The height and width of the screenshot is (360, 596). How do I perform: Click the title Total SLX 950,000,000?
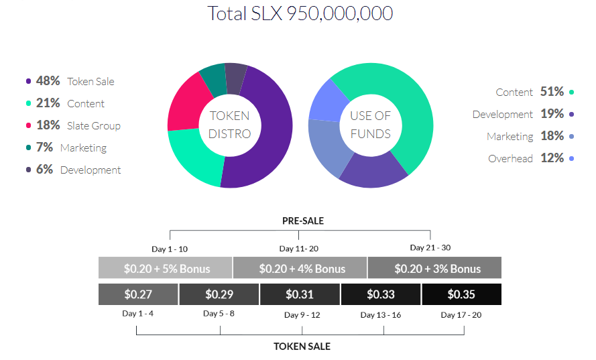click(300, 13)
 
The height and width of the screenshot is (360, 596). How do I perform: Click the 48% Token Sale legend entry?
click(70, 81)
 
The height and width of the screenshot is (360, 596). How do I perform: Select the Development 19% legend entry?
click(523, 114)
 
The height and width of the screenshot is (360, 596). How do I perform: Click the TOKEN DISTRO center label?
click(229, 125)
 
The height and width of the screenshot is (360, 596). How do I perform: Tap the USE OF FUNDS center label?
click(370, 125)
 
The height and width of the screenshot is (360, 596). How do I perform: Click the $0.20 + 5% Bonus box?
click(166, 268)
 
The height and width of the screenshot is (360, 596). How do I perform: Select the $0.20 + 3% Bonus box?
click(437, 268)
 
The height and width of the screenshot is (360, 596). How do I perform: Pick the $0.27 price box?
click(138, 294)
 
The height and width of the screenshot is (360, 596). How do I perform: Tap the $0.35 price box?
click(461, 294)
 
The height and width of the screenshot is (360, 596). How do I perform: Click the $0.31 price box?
click(300, 294)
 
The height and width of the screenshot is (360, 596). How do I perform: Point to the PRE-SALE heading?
click(302, 221)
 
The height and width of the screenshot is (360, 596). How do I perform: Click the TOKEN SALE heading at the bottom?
click(302, 347)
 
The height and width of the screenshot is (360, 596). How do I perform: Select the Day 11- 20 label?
click(299, 249)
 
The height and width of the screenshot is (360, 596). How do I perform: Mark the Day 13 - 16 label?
click(380, 314)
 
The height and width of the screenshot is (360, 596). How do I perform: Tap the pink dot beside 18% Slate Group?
click(28, 125)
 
